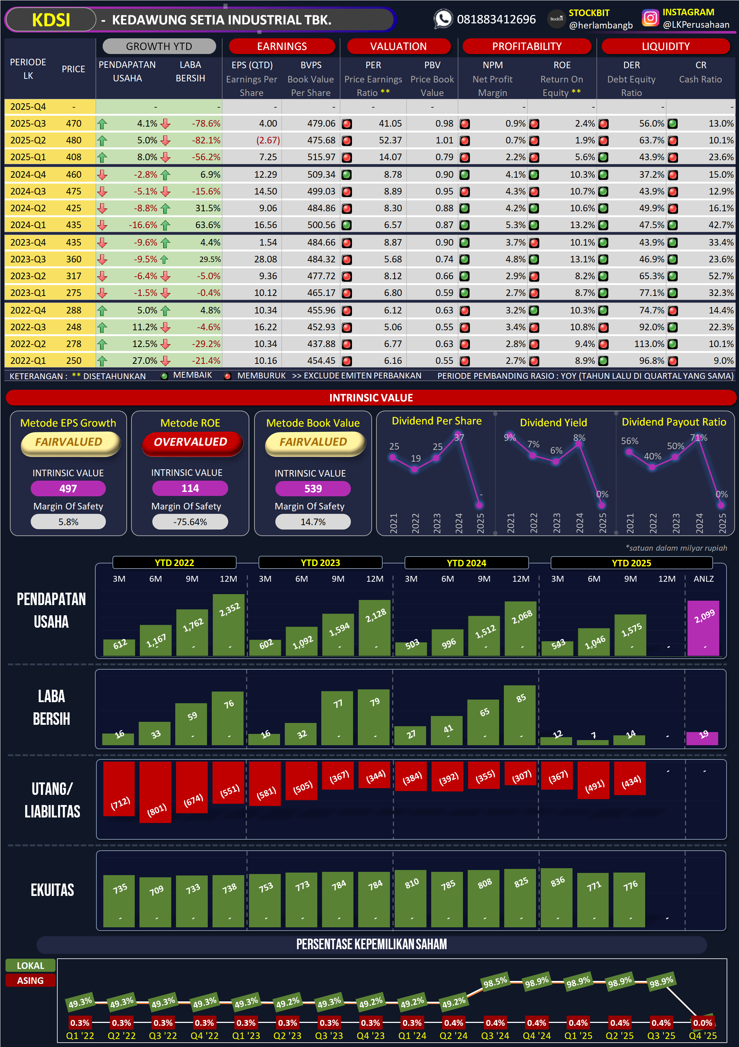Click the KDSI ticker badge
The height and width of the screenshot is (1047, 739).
[51, 20]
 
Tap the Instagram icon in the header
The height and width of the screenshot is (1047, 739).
[650, 18]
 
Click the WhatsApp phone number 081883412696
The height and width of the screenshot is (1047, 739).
[496, 20]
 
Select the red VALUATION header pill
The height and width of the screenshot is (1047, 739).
[398, 46]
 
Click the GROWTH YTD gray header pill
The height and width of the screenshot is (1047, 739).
[159, 46]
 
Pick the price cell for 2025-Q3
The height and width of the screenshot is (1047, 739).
[73, 124]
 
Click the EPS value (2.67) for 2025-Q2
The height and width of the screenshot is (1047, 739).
[268, 141]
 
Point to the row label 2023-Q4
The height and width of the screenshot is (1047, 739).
[28, 243]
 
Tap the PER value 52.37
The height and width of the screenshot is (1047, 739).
[390, 141]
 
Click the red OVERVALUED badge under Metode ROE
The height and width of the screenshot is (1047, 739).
[190, 442]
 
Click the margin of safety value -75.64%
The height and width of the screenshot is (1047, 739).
[190, 522]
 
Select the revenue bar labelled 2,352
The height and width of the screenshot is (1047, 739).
[229, 624]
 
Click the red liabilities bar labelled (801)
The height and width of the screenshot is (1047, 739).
[156, 792]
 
